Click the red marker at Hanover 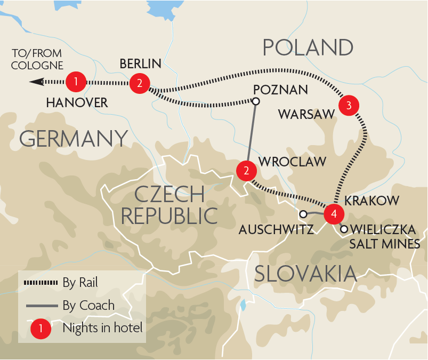point(76,82)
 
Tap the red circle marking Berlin point(139,83)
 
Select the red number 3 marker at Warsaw point(349,105)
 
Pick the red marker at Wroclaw point(246,171)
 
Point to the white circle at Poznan point(256,101)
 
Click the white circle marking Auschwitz point(303,214)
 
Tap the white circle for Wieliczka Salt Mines point(344,229)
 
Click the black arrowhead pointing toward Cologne point(37,82)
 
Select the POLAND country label point(309,47)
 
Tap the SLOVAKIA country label point(305,274)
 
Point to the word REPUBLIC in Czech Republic point(169,215)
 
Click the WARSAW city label point(305,114)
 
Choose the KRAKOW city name point(372,201)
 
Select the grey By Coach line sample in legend point(41,306)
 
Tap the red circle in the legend point(41,329)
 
